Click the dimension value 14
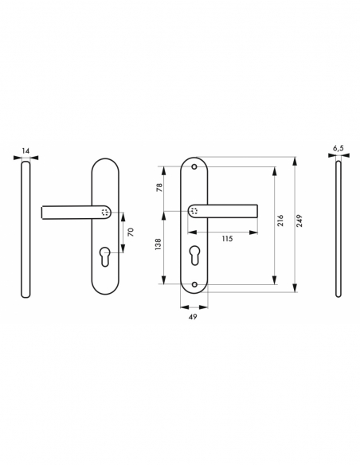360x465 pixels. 26,150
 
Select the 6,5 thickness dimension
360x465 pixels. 338,149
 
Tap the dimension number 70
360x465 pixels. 131,232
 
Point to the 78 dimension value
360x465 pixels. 159,188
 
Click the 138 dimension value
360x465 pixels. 159,247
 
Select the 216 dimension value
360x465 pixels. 280,224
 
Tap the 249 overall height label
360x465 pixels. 299,224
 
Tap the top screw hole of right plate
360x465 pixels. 195,166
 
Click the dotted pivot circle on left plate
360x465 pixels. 107,213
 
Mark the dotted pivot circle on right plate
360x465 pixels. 195,211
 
